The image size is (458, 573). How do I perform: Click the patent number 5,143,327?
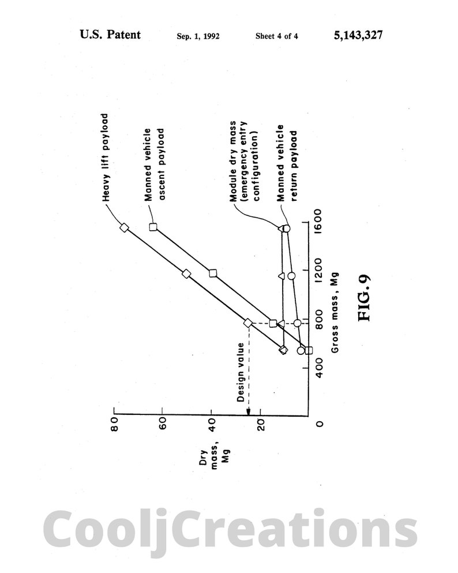point(358,35)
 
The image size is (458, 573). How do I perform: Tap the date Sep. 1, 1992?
point(198,36)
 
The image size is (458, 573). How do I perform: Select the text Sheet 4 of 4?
point(276,36)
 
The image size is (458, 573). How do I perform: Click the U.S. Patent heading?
point(110,35)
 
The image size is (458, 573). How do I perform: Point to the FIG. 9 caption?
point(365,298)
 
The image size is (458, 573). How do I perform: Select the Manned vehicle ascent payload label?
point(154,164)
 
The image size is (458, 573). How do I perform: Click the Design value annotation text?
point(241,372)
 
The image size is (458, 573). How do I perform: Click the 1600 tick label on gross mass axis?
point(318,219)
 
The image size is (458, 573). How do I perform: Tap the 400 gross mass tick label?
point(318,368)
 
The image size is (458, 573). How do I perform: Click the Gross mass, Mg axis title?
point(335,313)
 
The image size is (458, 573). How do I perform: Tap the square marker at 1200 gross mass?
point(213,273)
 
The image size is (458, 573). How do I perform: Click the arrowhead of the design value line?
point(249,411)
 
